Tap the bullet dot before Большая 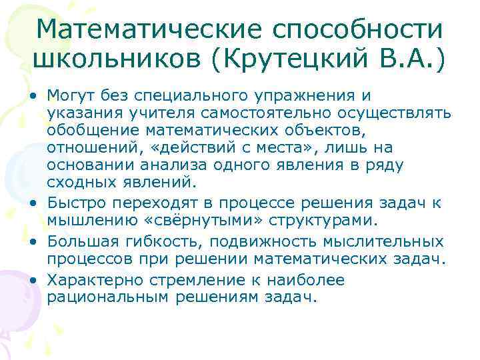[x=32, y=241]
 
